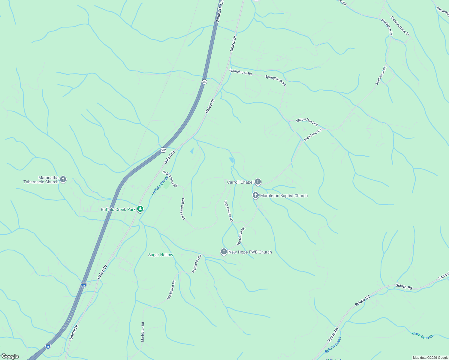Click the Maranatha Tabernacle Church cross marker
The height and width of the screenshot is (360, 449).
(63, 179)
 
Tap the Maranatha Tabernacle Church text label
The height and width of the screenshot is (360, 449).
(41, 180)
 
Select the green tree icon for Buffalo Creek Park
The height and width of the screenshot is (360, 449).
(140, 209)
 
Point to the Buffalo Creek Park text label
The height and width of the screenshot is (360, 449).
(118, 209)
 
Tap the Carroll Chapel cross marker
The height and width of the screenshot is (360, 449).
(258, 182)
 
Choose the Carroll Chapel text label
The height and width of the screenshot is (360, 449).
(240, 182)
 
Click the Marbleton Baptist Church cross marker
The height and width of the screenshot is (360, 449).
(255, 196)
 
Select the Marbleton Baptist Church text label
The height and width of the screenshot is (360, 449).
(284, 196)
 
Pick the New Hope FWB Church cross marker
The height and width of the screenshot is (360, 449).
(224, 252)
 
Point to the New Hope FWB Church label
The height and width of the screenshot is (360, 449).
(250, 252)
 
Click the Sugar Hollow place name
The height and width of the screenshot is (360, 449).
(161, 255)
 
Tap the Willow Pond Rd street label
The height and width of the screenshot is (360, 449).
(307, 121)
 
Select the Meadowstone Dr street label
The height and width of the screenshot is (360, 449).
(400, 26)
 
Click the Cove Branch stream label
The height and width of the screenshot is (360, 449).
(422, 335)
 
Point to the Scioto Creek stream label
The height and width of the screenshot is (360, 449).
(333, 345)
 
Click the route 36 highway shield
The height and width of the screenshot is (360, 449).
(204, 82)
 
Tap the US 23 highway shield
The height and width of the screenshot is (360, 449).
(163, 150)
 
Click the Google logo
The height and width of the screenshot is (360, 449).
(10, 356)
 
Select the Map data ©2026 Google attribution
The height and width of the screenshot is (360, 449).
(430, 358)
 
